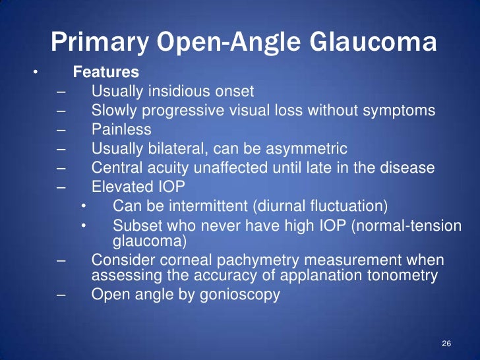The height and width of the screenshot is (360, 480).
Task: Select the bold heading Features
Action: [x=96, y=71]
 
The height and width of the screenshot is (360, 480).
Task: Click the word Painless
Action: [x=121, y=129]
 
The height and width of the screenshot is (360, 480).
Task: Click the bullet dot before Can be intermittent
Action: [x=84, y=206]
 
